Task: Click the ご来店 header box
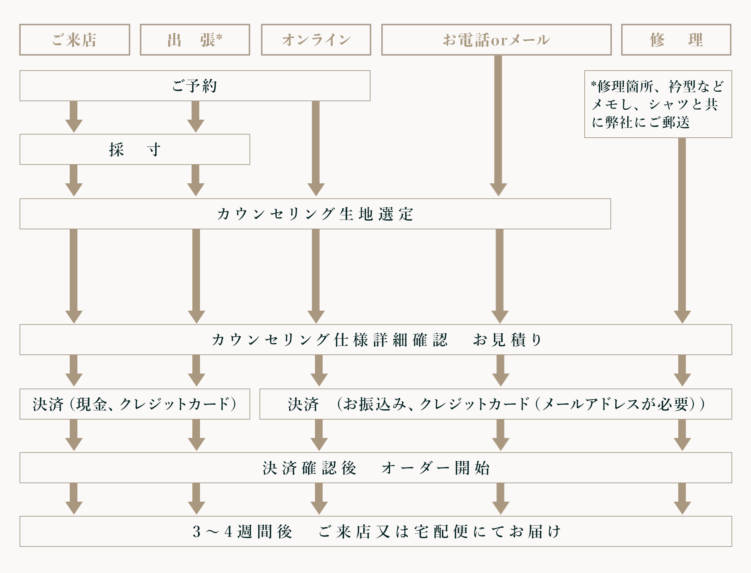tap(75, 40)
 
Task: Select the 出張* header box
tap(195, 40)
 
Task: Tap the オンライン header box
tap(316, 40)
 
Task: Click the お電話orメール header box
tap(496, 40)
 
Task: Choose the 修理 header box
tap(676, 40)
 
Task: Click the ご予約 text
tap(195, 86)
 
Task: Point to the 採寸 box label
tap(134, 150)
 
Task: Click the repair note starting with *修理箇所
tap(658, 104)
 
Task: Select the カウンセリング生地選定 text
tap(315, 214)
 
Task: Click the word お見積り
tap(507, 340)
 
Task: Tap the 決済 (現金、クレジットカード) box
tap(134, 404)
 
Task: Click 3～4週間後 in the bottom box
tap(242, 532)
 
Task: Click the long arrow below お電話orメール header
tap(498, 123)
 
